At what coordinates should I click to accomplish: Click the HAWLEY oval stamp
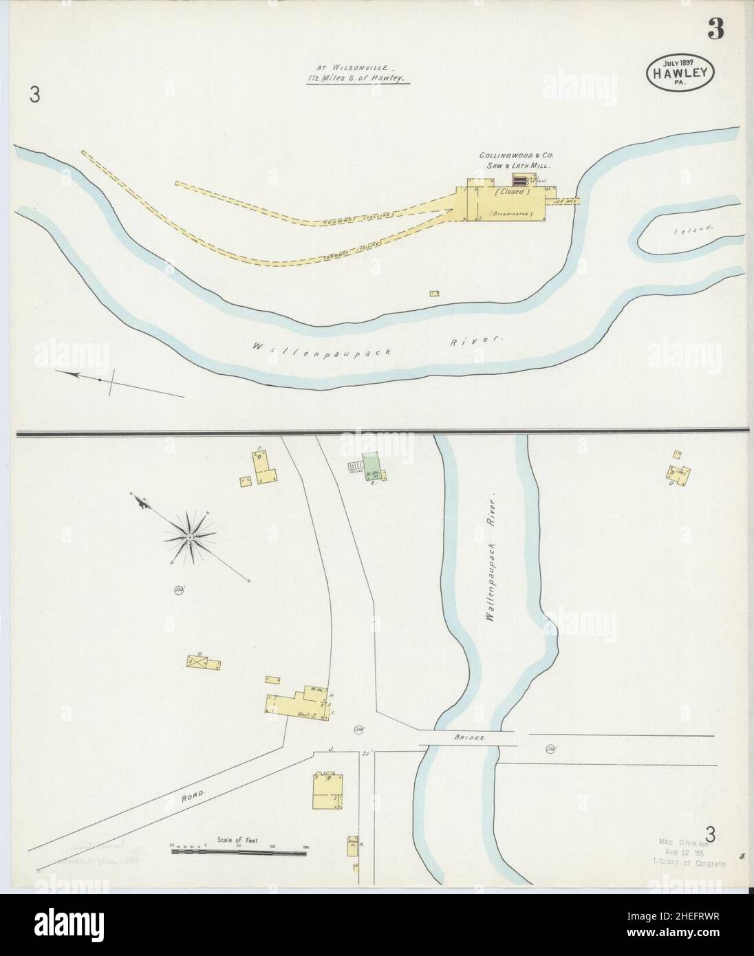coord(680,69)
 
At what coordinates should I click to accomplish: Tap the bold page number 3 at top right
coord(715,32)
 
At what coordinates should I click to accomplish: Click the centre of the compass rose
coord(188,536)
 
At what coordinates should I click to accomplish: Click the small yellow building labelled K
coord(352,845)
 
